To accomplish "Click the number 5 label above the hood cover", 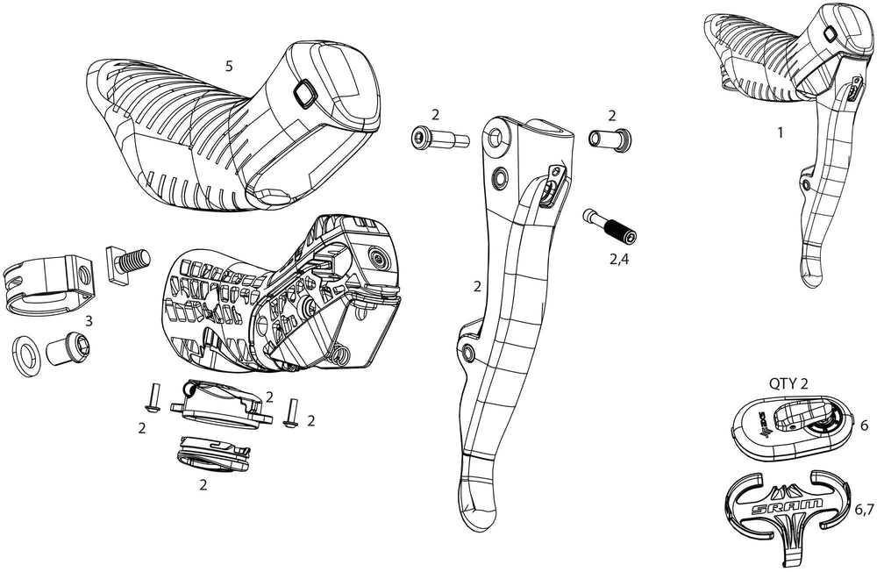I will coord(228,67).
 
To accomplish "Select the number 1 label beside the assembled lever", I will coord(780,134).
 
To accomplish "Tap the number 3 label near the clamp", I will coord(89,321).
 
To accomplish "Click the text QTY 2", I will coord(793,383).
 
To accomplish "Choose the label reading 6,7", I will coord(864,509).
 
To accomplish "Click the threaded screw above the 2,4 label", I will coord(610,227).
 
